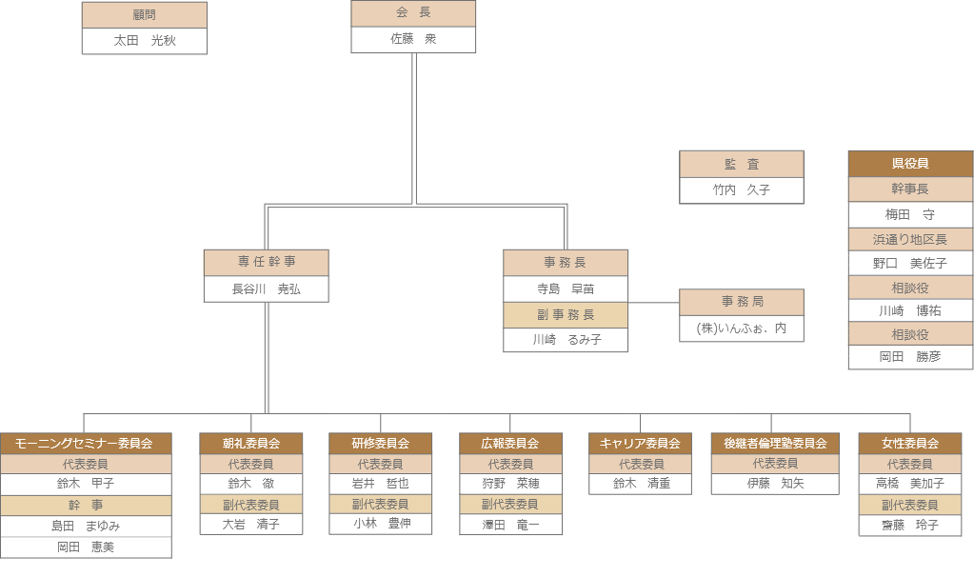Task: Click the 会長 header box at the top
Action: tap(413, 13)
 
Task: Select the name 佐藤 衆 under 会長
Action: tap(413, 40)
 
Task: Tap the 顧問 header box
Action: tap(145, 15)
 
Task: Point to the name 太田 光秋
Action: tap(145, 41)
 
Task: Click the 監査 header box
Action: tap(742, 164)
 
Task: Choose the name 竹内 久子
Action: tap(742, 190)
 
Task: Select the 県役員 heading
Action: tap(910, 164)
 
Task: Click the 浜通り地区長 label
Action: tap(910, 239)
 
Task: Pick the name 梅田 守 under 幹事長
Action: tap(910, 215)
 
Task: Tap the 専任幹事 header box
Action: tap(267, 263)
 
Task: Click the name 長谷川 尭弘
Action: tap(267, 289)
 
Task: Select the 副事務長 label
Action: tap(566, 315)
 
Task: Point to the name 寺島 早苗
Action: tap(566, 289)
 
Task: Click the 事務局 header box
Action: tap(742, 302)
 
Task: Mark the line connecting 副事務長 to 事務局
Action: tap(654, 303)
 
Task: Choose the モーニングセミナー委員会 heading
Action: tap(86, 444)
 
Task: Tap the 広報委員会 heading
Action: tap(510, 444)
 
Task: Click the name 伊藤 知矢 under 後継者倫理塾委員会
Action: tap(775, 484)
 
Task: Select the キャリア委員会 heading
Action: tap(640, 444)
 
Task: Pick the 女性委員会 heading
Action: tap(910, 444)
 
